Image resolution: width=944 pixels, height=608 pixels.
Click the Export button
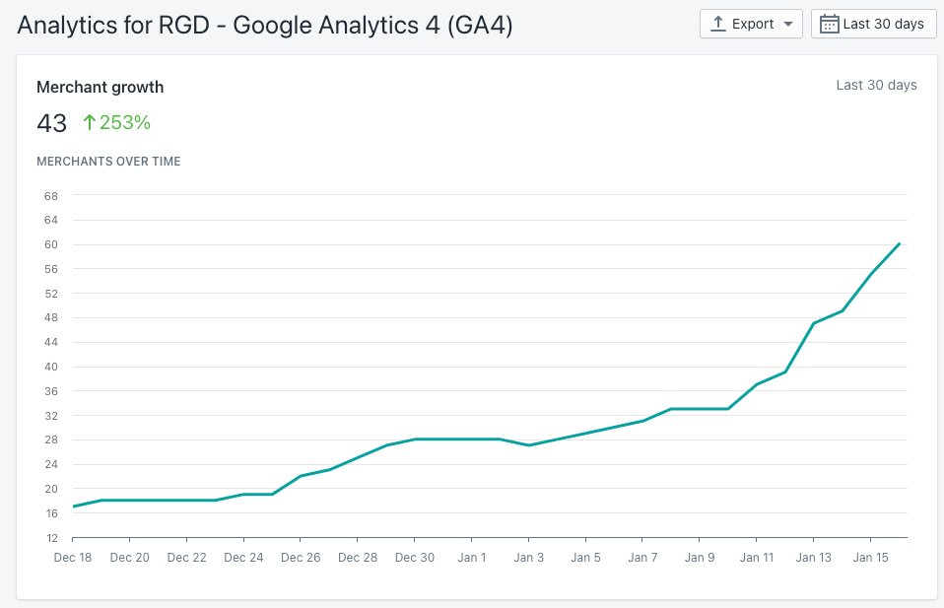click(x=751, y=24)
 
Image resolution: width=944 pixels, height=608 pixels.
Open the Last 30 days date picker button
click(x=873, y=24)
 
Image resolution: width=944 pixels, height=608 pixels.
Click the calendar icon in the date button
click(x=830, y=24)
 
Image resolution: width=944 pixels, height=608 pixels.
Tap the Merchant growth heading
click(x=100, y=87)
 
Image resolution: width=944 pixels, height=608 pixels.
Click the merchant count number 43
click(x=51, y=123)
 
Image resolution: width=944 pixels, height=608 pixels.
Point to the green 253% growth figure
click(x=124, y=123)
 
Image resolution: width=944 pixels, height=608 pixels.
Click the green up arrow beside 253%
click(x=89, y=123)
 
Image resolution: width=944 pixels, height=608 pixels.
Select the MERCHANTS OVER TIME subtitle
click(x=108, y=161)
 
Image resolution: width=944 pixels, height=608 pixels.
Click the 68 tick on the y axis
click(x=51, y=196)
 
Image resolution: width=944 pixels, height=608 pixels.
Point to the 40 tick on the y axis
click(x=51, y=367)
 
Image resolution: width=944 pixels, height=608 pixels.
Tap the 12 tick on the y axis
click(x=51, y=538)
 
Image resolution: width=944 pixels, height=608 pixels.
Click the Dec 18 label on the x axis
click(x=73, y=558)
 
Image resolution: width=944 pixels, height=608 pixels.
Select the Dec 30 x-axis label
click(x=415, y=558)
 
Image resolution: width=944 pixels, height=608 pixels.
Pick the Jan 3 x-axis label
click(x=529, y=558)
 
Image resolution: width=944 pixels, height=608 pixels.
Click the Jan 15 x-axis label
click(x=870, y=558)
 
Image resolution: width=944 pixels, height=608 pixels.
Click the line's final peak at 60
click(x=900, y=243)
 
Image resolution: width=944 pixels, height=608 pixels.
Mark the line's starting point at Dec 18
click(x=74, y=507)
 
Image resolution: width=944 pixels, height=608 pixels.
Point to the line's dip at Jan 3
click(x=529, y=445)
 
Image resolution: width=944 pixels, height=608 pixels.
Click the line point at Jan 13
click(x=814, y=323)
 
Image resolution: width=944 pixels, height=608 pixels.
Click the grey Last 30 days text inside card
click(x=876, y=85)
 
